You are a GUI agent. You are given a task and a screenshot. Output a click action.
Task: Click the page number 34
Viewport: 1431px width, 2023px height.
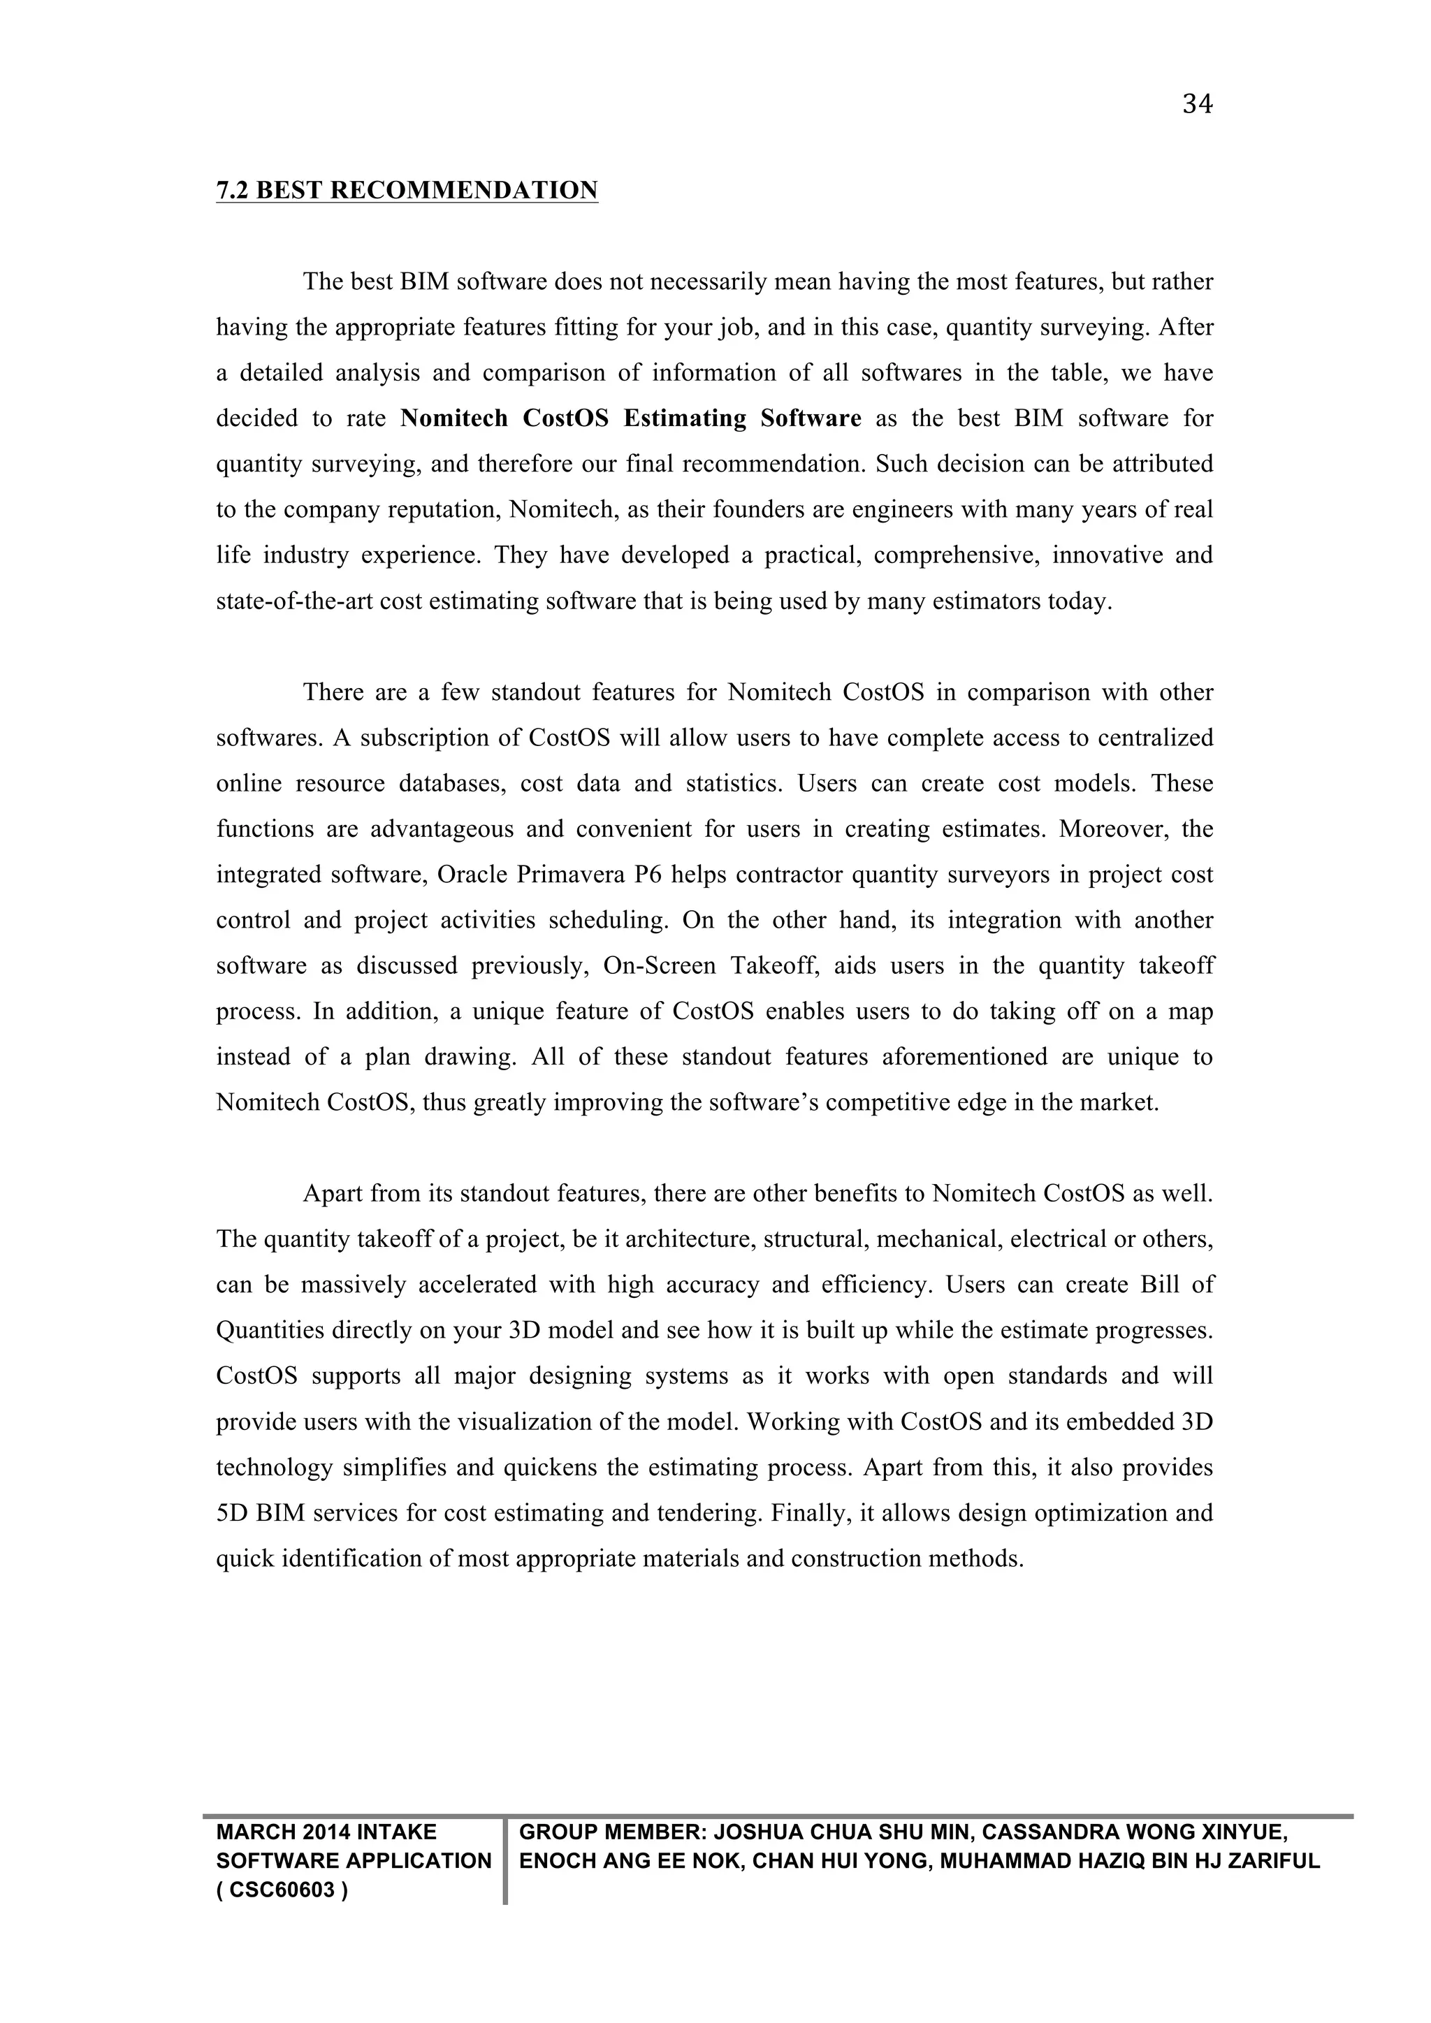pos(1198,105)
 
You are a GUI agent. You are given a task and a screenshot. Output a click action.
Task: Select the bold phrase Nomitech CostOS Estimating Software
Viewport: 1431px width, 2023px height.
pos(630,418)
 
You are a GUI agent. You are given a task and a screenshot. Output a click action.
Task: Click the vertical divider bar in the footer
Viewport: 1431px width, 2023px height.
pos(506,1861)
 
